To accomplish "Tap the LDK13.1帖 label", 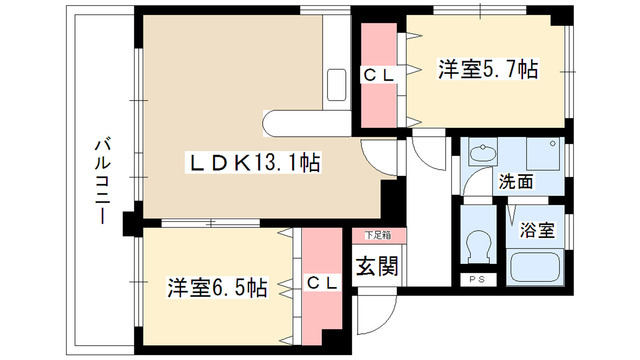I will (x=256, y=162).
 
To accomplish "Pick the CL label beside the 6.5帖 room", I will (x=322, y=284).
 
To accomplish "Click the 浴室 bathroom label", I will (x=540, y=228).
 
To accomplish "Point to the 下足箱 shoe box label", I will (x=377, y=236).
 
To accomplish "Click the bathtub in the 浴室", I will (x=539, y=267).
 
